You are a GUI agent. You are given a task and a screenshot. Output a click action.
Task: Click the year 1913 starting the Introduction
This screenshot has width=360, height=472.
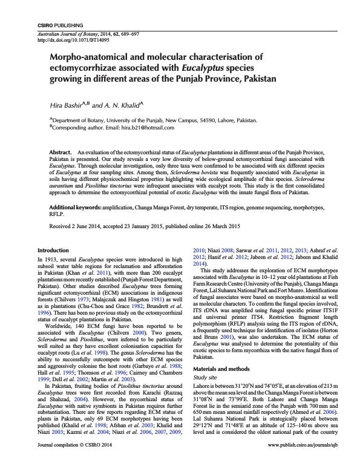click(55, 258)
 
